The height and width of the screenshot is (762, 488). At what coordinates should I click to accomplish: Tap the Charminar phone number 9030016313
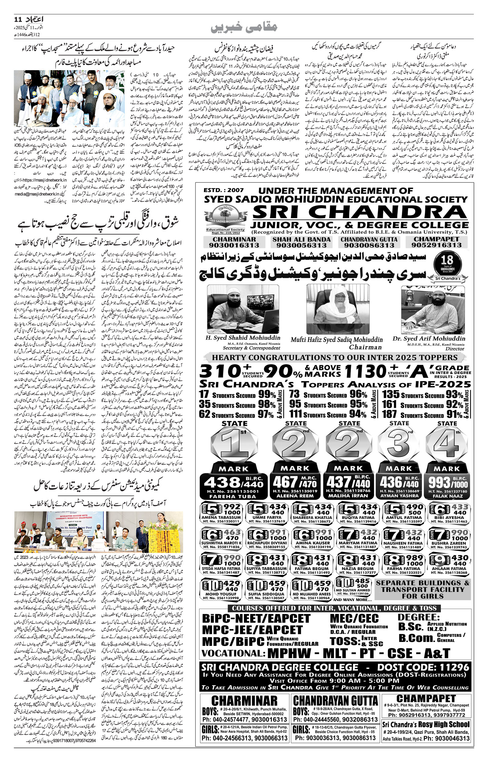click(234, 245)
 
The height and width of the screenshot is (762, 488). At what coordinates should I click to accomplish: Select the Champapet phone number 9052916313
click(436, 245)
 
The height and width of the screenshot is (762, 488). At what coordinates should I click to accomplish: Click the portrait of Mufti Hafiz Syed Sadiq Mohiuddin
click(338, 309)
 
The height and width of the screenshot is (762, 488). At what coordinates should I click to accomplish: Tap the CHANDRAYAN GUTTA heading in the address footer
click(335, 701)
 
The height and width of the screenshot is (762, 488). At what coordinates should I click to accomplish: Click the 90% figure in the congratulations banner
click(283, 372)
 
